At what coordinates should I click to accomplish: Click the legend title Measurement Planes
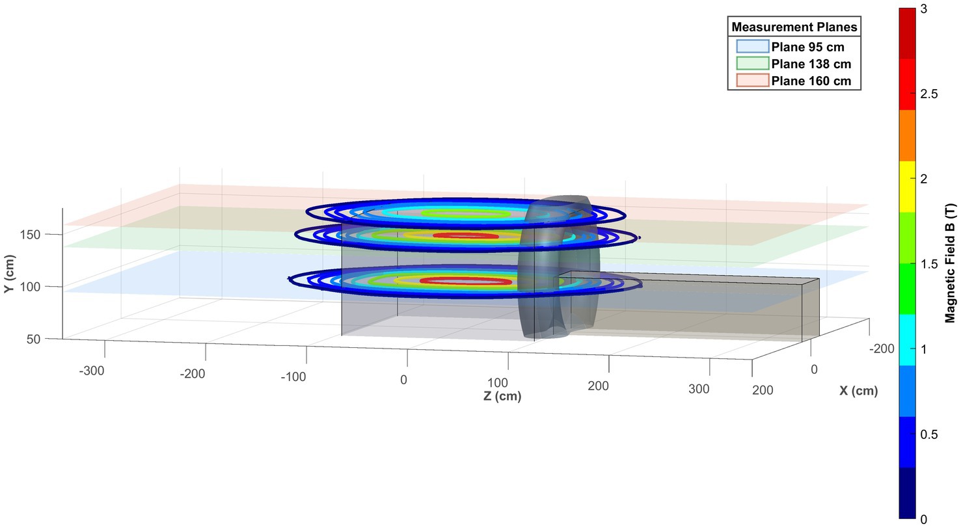tap(794, 27)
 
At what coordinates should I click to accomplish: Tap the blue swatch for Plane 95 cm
tap(753, 46)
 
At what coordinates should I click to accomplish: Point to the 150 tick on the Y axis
tap(30, 235)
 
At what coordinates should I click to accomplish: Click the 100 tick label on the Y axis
tap(30, 287)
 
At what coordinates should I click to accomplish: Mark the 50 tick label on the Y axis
tap(33, 339)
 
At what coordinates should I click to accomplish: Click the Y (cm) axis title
tap(10, 274)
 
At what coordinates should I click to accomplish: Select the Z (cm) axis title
tap(502, 395)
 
